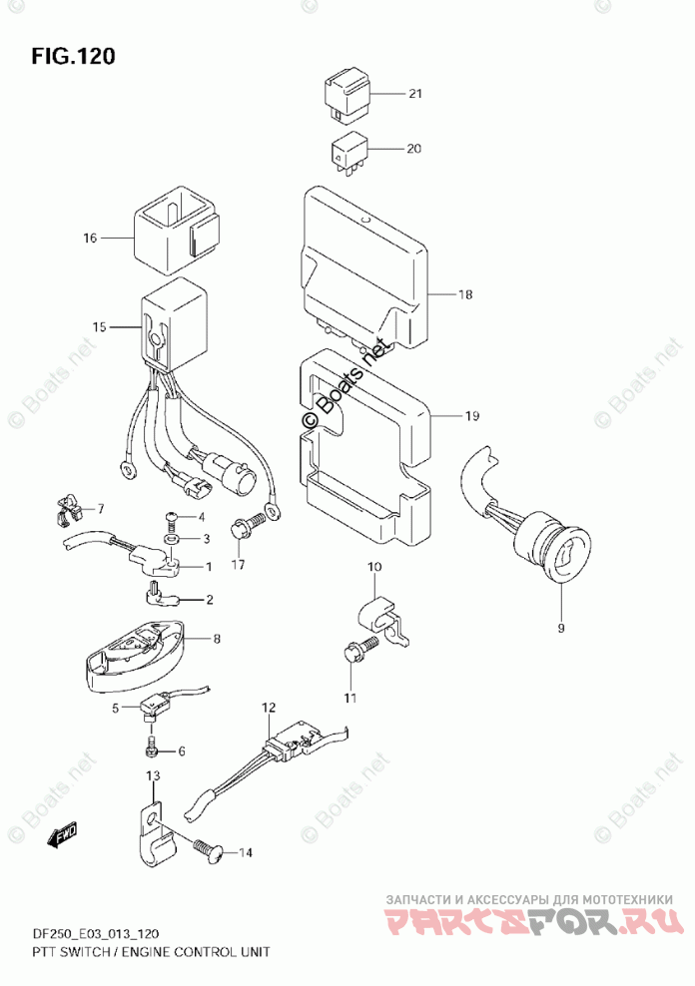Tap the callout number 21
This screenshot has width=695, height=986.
point(414,94)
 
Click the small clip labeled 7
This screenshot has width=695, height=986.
point(69,512)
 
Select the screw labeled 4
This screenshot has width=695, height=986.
point(171,517)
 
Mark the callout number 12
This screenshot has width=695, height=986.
point(267,708)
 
